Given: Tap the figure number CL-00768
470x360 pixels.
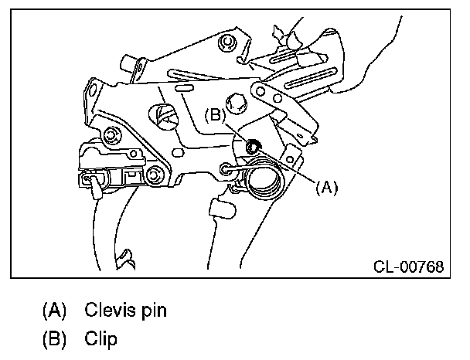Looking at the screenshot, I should pos(408,267).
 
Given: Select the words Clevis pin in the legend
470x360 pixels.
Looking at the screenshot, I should pos(126,311).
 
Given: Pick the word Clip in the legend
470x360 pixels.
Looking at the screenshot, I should pos(101,338).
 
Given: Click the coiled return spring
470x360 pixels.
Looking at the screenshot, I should pos(263,182).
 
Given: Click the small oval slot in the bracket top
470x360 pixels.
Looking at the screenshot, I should pos(184,90).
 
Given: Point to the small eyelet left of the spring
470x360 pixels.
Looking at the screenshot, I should pos(226,169).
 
